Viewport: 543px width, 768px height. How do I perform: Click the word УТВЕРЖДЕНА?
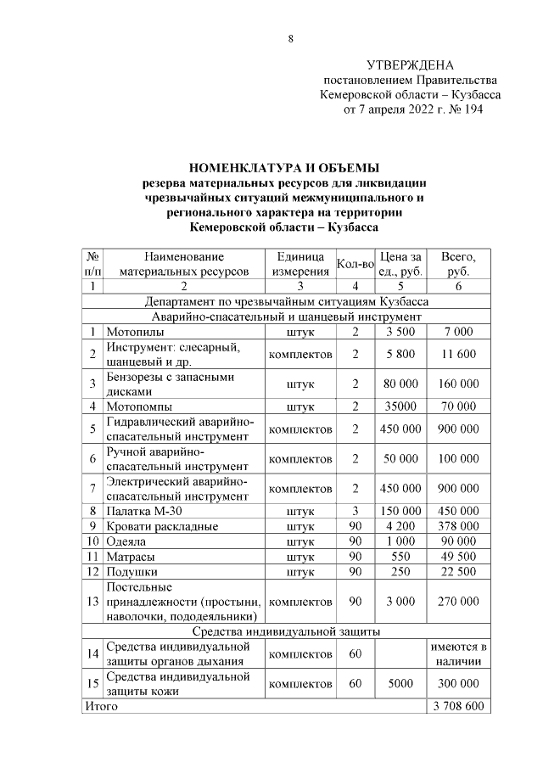click(x=410, y=65)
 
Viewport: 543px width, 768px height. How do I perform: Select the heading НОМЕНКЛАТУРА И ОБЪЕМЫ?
click(x=283, y=166)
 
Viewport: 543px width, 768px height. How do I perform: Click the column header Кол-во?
click(x=355, y=264)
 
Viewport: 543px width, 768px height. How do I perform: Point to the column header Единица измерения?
click(x=300, y=264)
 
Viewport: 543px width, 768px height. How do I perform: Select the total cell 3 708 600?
click(x=458, y=706)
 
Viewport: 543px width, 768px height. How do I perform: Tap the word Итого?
click(x=99, y=706)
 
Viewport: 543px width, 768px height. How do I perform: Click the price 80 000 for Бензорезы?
click(x=400, y=384)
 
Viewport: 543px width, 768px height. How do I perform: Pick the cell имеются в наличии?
click(x=458, y=654)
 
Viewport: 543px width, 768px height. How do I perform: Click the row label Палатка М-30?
click(x=143, y=511)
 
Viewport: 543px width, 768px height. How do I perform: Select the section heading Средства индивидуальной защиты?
click(x=285, y=631)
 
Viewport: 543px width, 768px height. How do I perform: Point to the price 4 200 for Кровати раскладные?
click(x=400, y=526)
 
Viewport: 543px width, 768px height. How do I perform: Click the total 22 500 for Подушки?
click(x=458, y=572)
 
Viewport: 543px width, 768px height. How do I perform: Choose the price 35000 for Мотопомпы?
click(x=400, y=406)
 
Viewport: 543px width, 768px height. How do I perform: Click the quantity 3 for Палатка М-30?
click(x=355, y=511)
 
